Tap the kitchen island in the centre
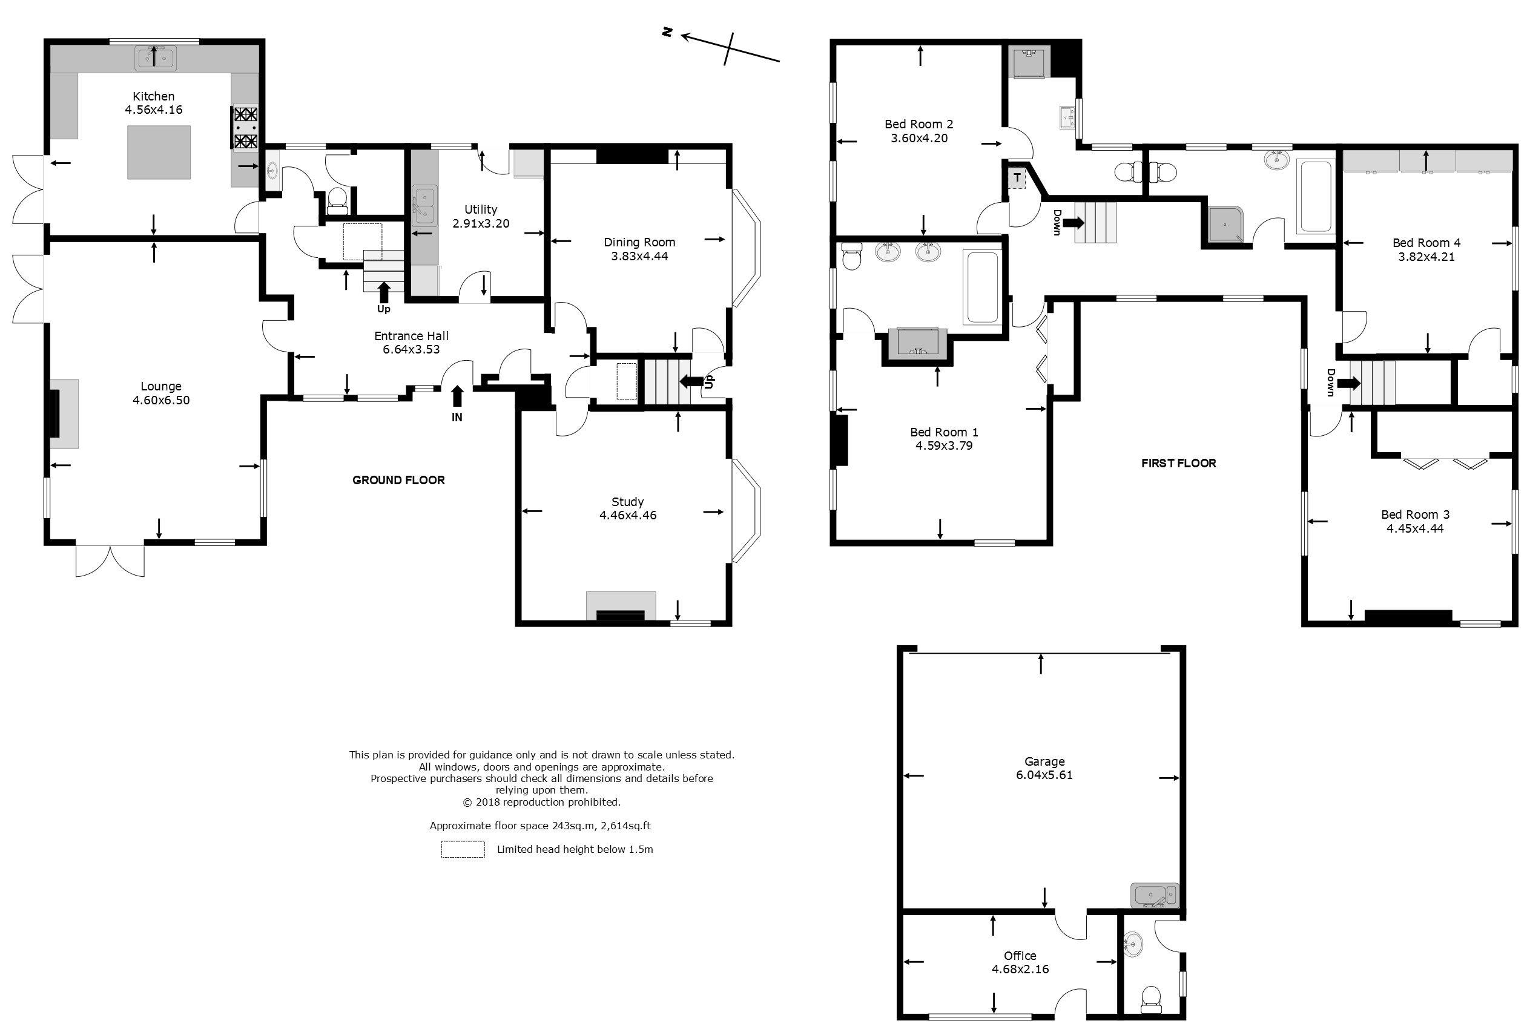159,153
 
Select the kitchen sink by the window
155,59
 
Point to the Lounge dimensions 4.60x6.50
161,400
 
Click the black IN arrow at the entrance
457,396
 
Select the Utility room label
481,209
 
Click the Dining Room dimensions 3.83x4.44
639,256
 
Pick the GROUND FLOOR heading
399,480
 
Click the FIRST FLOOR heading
1179,463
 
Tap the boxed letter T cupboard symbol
1017,178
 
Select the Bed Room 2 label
919,124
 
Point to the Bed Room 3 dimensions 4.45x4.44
1416,528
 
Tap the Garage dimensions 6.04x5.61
1044,775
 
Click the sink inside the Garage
1155,895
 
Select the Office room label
1020,956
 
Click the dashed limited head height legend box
463,849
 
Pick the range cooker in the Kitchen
246,128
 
